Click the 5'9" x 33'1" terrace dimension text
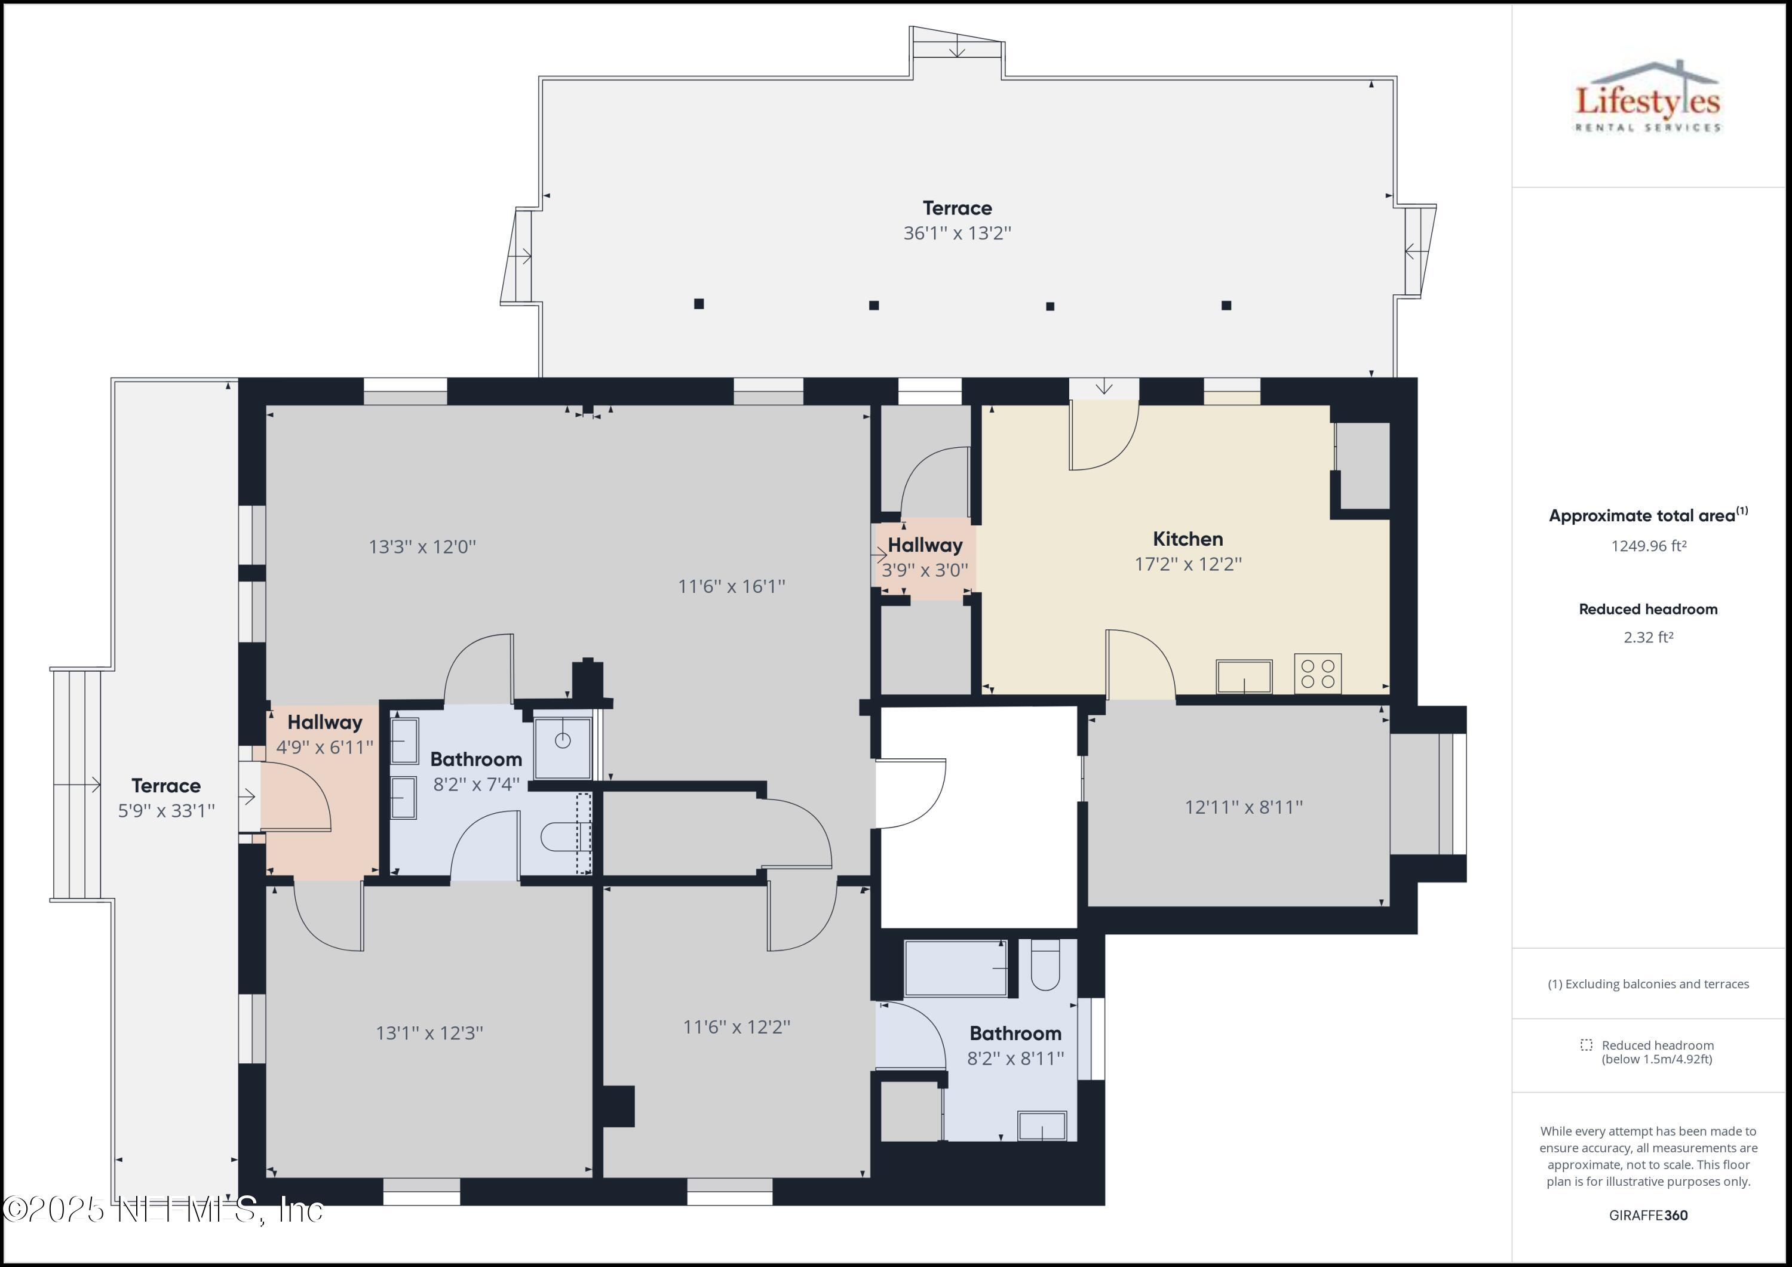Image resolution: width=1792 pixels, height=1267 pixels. (166, 811)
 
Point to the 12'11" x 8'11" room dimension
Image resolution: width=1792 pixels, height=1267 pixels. (1243, 807)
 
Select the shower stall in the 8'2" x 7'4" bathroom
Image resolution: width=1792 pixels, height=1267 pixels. (562, 748)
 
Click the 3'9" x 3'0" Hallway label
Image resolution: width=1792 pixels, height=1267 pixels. (925, 557)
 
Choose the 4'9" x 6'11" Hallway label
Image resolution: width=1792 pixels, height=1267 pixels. (325, 734)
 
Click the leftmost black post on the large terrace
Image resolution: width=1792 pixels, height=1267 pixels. (698, 303)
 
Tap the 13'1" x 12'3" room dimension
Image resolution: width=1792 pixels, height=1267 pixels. (429, 1033)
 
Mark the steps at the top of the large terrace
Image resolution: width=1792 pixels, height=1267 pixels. (957, 46)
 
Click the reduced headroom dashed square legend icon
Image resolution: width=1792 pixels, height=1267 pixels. (1586, 1045)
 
